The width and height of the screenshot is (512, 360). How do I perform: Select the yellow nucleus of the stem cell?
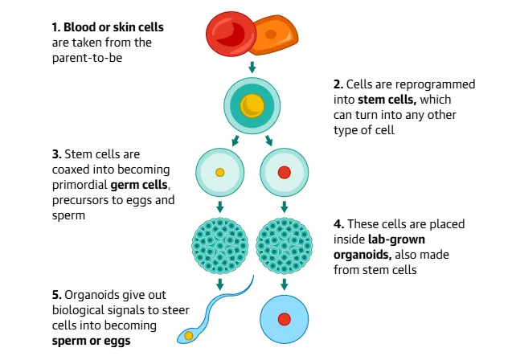253,104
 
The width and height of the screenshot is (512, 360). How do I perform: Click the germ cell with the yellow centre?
219,172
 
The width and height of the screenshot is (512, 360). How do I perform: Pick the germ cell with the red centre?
284,172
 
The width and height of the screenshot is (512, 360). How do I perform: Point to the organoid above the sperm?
219,242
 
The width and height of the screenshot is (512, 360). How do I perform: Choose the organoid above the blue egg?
284,242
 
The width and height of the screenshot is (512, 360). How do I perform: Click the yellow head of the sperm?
189,334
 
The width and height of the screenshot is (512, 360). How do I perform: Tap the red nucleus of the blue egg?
284,320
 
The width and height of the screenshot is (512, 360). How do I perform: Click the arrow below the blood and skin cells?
252,66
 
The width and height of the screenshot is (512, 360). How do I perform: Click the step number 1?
55,27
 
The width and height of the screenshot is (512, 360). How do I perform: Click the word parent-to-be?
87,57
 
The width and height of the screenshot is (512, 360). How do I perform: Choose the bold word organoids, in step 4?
362,255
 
